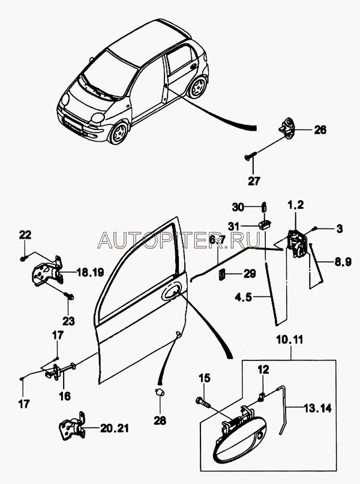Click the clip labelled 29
tap(221, 275)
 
